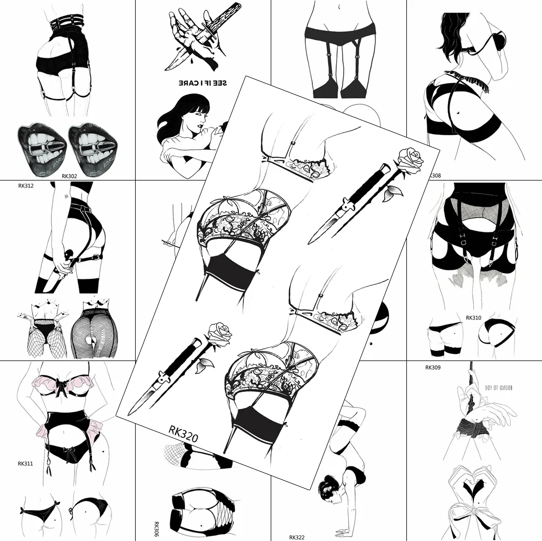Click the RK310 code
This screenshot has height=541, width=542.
pos(473,318)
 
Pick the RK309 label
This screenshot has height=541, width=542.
pos(433,368)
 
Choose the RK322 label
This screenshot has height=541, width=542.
pos(298,537)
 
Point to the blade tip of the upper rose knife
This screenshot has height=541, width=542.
pos(312,242)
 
